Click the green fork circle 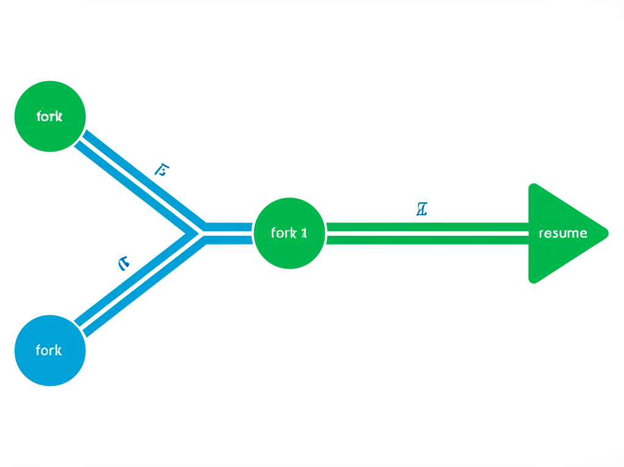coord(50,116)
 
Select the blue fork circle coord(50,351)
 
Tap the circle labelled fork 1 coord(289,233)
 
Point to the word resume coord(563,233)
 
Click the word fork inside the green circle coord(49,116)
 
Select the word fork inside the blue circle coord(49,351)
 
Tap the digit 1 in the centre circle coord(303,233)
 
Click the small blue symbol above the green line coord(421,210)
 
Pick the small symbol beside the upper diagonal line coord(161,169)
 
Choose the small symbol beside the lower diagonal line coord(124,263)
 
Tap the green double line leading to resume coord(427,233)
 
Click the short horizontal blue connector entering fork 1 coord(229,233)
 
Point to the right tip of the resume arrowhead coord(608,233)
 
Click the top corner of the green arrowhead coord(533,185)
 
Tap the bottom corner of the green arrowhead coord(533,281)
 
